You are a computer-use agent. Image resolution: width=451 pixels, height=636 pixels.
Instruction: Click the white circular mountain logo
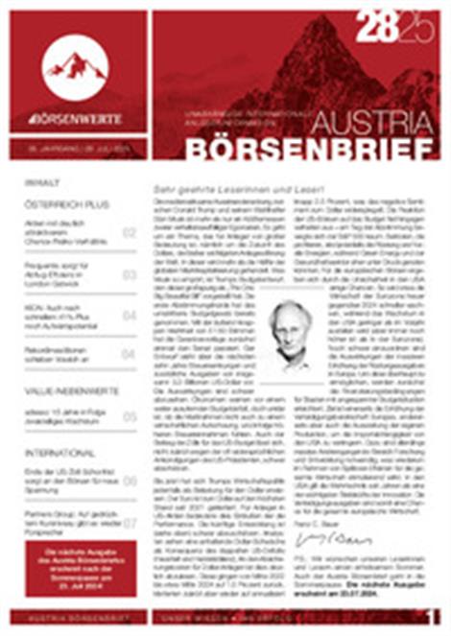[x=76, y=66]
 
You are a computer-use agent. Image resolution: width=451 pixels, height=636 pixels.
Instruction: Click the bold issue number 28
[x=377, y=31]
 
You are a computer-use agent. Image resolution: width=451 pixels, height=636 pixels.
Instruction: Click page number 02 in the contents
[x=130, y=233]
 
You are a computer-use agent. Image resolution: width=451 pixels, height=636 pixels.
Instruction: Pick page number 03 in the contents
[x=130, y=274]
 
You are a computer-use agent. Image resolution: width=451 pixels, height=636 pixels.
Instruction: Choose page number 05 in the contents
[x=130, y=416]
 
